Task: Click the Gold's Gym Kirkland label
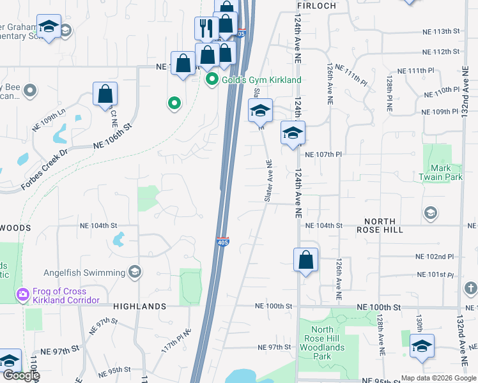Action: tap(261, 80)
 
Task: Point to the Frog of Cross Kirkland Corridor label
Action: tap(65, 295)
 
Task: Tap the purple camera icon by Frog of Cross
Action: tap(22, 295)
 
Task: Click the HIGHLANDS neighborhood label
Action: tap(140, 306)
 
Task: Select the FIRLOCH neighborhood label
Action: tap(316, 5)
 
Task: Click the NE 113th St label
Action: tap(441, 31)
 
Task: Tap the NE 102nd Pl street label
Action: tap(434, 257)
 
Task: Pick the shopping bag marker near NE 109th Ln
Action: tap(105, 94)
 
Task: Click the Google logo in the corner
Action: tap(20, 375)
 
